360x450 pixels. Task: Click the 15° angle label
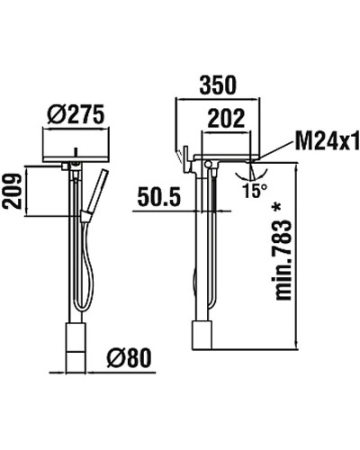click(255, 190)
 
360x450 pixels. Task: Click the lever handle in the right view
click(182, 154)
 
